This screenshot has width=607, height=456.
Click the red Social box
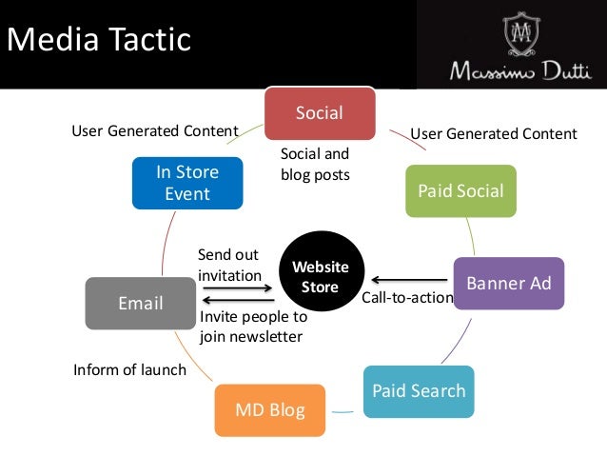[x=320, y=113]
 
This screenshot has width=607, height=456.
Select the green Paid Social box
[x=460, y=190]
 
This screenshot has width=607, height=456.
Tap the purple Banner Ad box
[x=508, y=283]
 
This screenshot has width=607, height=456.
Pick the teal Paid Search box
[x=419, y=390]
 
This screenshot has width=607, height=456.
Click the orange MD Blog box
[x=270, y=410]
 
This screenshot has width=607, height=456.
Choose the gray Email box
[x=140, y=304]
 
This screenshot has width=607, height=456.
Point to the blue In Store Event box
[x=187, y=183]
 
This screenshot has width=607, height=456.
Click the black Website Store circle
[x=320, y=276]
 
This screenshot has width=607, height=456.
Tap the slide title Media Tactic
[x=99, y=40]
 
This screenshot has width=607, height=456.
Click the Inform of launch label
[x=129, y=369]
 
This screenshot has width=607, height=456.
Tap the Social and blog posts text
[x=315, y=164]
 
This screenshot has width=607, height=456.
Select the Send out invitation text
[x=229, y=265]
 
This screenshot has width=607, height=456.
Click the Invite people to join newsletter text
[x=253, y=327]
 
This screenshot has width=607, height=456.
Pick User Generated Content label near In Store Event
[x=155, y=130]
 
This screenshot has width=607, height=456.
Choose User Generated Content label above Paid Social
[x=493, y=133]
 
